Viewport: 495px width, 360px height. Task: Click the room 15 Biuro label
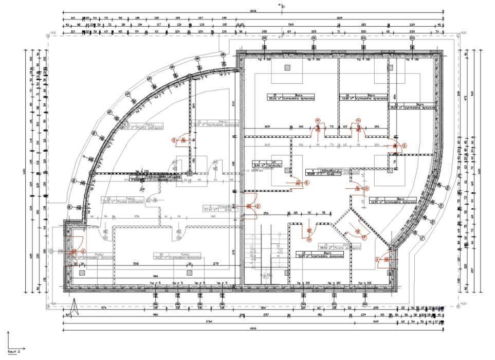290,96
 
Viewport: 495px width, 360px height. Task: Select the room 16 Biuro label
363,96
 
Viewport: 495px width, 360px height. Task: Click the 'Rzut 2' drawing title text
13,351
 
